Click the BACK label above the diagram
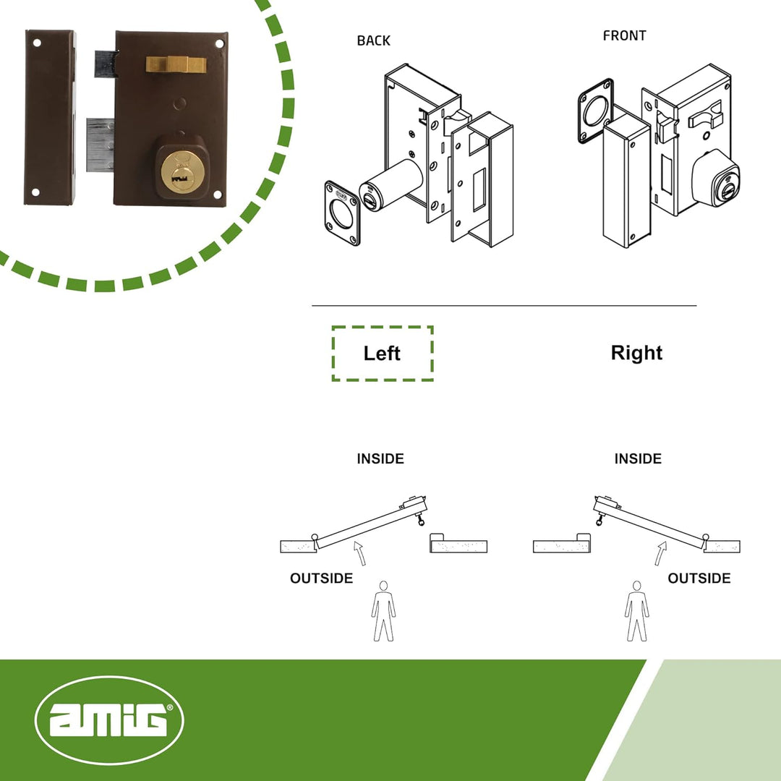point(374,40)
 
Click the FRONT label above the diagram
point(625,36)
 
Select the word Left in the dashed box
point(382,353)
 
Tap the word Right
point(636,353)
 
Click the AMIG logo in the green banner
point(110,720)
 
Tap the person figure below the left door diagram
point(383,610)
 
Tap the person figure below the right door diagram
point(636,610)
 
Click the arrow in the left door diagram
point(360,553)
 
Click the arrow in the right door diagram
point(661,553)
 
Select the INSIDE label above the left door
point(380,458)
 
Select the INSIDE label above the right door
point(638,458)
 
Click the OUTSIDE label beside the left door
point(322,579)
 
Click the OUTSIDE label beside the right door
point(699,579)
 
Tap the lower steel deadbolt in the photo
point(101,145)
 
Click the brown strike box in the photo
point(50,117)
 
